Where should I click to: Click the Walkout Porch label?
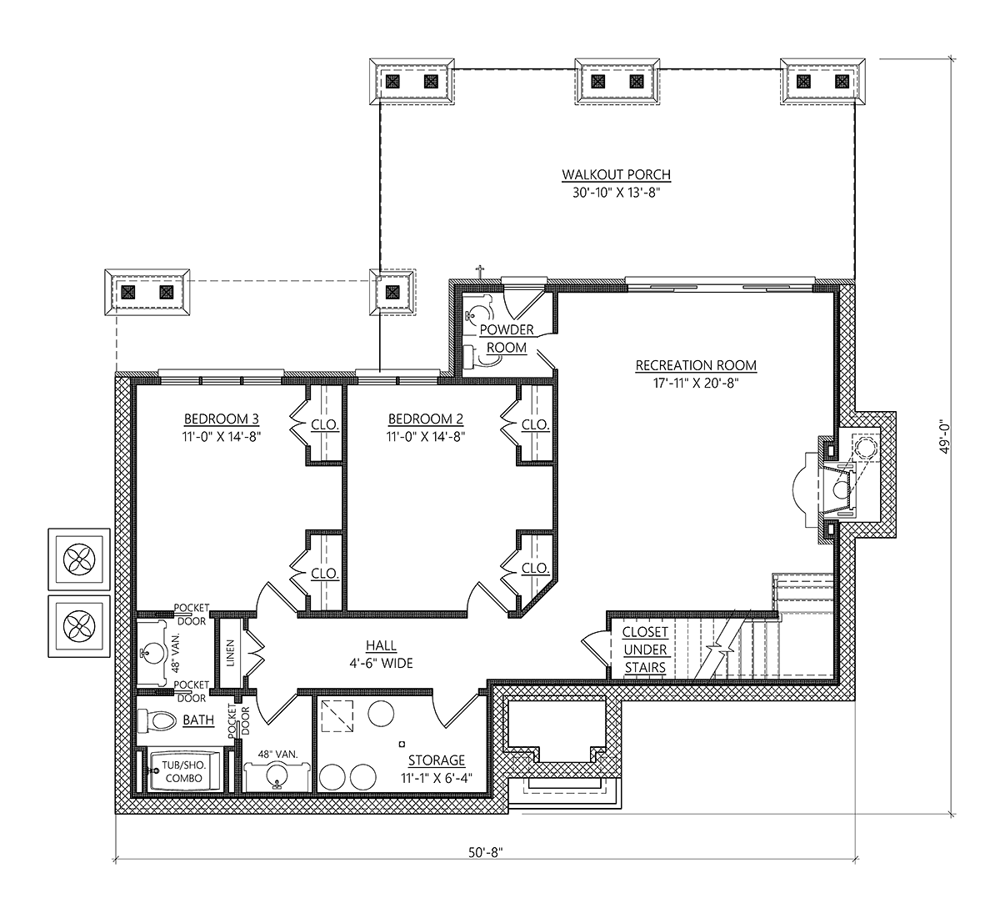(x=616, y=175)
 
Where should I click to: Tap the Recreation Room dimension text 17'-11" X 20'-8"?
(x=696, y=384)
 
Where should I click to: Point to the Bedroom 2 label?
(x=425, y=419)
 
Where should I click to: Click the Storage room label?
(x=436, y=760)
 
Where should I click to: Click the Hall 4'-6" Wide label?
(x=380, y=655)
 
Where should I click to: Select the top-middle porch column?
(x=617, y=81)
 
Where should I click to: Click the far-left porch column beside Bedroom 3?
(x=147, y=293)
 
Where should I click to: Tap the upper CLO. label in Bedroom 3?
(x=325, y=425)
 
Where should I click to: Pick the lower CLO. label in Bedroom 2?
(x=535, y=569)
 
